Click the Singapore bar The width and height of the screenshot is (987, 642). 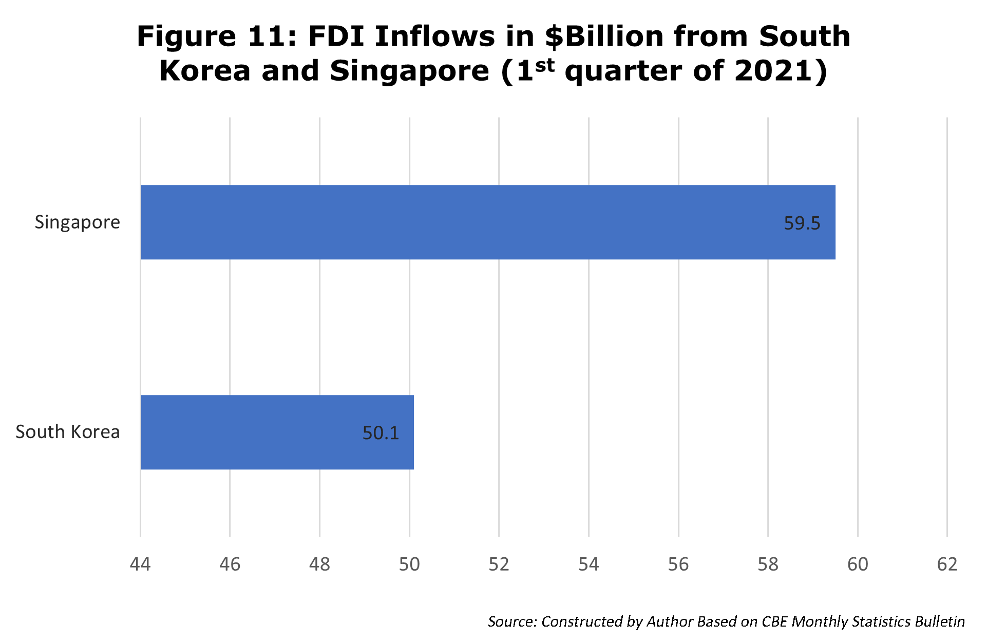[x=488, y=222]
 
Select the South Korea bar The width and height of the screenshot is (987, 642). [x=277, y=432]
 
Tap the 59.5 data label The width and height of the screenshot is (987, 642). [x=802, y=223]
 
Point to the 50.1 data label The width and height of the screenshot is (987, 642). [x=381, y=433]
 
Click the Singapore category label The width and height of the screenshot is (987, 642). [x=78, y=222]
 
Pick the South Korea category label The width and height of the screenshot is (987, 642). [x=68, y=432]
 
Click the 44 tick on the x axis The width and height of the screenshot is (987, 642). [x=140, y=564]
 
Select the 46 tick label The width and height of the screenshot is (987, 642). [x=230, y=564]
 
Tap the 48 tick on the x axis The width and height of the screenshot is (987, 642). [x=319, y=564]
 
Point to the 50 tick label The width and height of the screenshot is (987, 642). [x=409, y=564]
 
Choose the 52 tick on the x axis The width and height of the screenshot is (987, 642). [x=499, y=564]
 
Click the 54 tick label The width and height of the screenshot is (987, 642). [x=589, y=564]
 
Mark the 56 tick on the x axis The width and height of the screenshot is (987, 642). [x=678, y=564]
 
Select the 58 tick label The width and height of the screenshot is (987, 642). [x=768, y=564]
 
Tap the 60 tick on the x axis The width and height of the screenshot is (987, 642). [x=858, y=564]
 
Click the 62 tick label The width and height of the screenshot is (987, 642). [x=947, y=564]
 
